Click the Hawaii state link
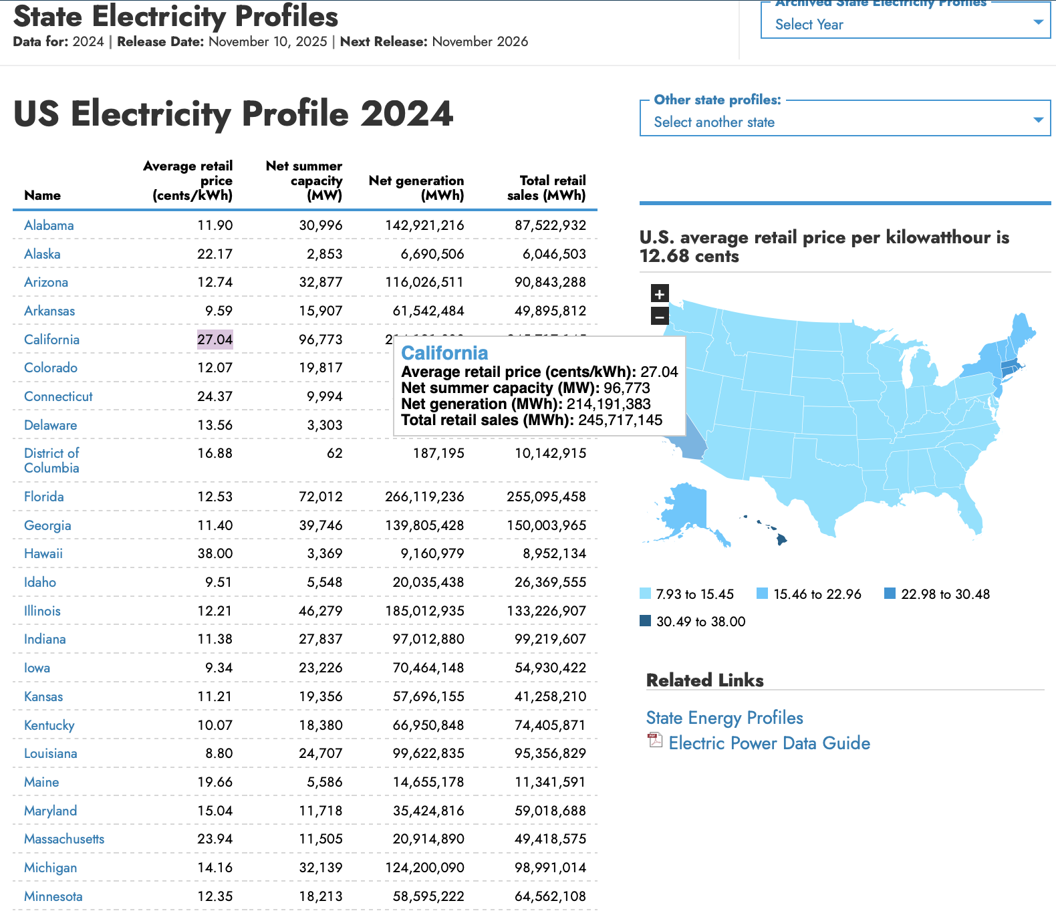[43, 553]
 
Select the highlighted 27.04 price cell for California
[215, 340]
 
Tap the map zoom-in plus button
[660, 293]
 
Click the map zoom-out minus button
[660, 316]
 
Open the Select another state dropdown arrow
[1038, 120]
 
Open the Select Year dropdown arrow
[1038, 22]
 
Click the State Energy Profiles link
[724, 718]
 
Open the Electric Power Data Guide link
[769, 743]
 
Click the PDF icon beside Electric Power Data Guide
[654, 741]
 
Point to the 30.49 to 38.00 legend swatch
[645, 621]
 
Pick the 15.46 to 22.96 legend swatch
[762, 594]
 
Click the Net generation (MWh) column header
[416, 188]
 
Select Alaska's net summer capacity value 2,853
[324, 254]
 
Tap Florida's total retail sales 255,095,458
[546, 497]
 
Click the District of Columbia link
[51, 461]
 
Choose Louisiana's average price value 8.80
[219, 753]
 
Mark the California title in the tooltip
[444, 353]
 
